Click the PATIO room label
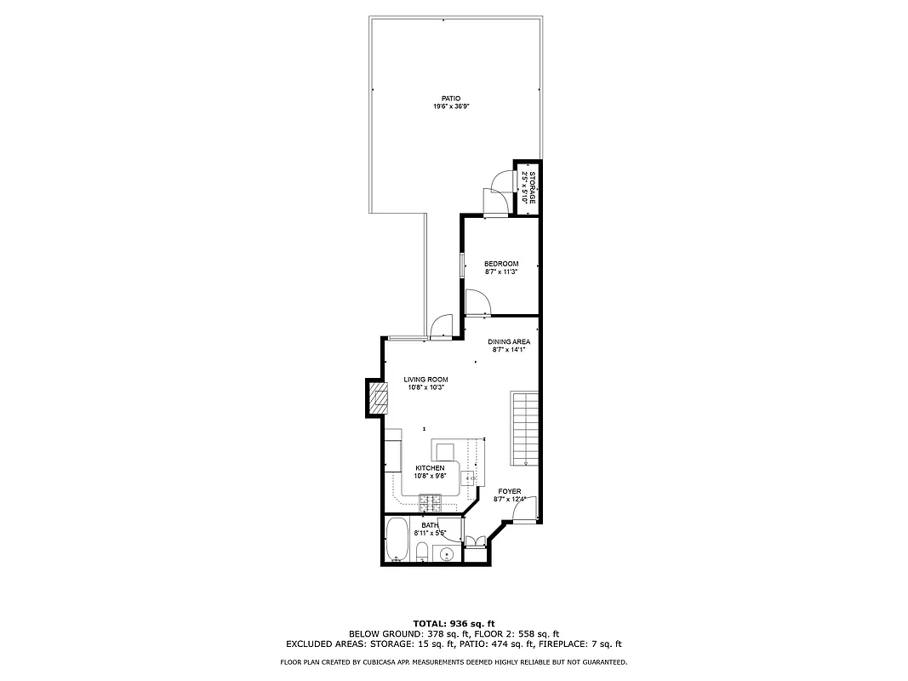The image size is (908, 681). coord(450,99)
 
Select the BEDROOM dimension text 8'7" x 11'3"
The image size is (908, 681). coord(501,272)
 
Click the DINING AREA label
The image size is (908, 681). coord(509,341)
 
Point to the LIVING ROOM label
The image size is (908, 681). coord(425,380)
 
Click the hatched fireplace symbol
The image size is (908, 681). coord(376,398)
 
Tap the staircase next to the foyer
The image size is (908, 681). coord(525,427)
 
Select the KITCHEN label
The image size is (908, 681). coord(430,468)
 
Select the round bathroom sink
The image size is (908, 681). coord(448,555)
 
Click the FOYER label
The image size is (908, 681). coord(509,491)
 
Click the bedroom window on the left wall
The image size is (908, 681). coord(462,265)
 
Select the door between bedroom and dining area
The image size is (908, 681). coord(477,302)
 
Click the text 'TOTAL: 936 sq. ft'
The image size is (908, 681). coord(454,623)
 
